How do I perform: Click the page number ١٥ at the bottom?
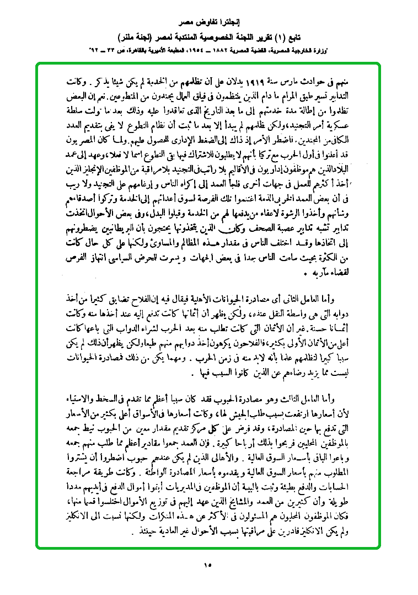point(208,565)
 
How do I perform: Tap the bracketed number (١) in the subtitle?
point(275,38)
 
